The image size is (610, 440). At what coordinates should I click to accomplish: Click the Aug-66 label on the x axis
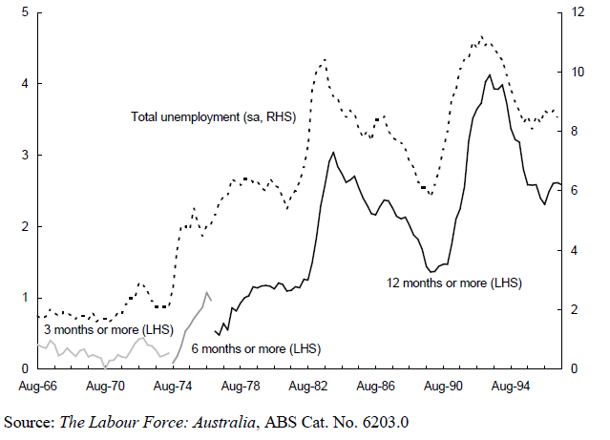click(x=38, y=387)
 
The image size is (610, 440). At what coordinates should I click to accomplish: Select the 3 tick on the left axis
click(x=24, y=156)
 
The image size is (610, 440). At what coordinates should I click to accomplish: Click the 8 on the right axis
click(x=576, y=132)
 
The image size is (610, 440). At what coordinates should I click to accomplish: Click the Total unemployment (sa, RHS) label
click(x=214, y=117)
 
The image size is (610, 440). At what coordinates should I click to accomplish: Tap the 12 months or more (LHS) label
click(x=454, y=283)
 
